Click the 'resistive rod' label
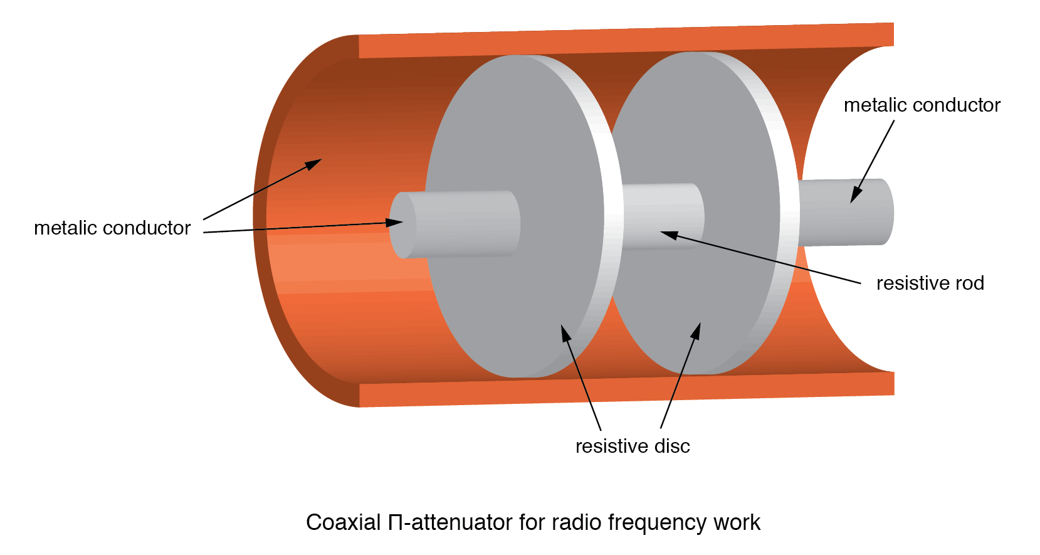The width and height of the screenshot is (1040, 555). [930, 283]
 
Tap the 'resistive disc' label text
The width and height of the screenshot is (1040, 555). [632, 447]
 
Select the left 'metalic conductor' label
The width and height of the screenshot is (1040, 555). [112, 228]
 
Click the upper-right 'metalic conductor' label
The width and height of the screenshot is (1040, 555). [922, 105]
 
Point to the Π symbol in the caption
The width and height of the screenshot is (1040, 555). [396, 522]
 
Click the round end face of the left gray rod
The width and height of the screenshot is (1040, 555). [402, 225]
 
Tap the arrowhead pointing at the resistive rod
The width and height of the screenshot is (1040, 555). [668, 235]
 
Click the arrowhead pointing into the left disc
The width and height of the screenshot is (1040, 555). [565, 332]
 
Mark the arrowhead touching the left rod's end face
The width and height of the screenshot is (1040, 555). [395, 222]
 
